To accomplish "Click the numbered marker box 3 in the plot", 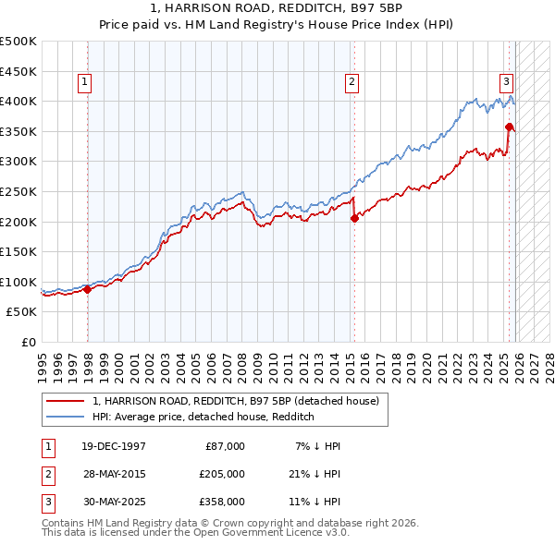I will point(507,81).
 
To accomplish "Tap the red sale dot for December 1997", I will point(87,289).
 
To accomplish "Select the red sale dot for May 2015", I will point(354,219).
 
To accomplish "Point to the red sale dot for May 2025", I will point(509,127).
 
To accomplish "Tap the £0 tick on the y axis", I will point(28,342).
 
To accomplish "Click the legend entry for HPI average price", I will point(203,417).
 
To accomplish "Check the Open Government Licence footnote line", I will point(195,533).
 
